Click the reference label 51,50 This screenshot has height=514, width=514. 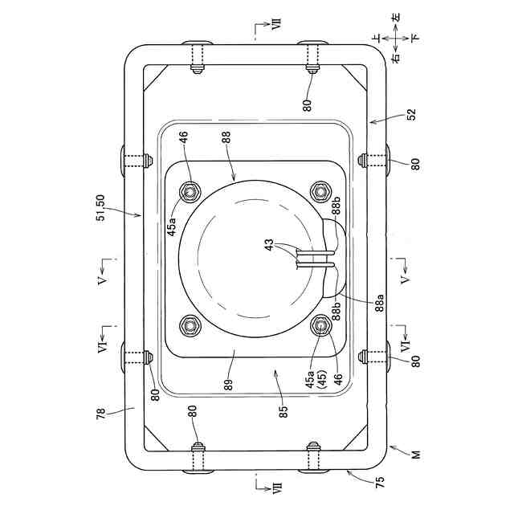[101, 208]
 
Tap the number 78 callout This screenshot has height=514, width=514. [101, 414]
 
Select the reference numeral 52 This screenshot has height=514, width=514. [411, 114]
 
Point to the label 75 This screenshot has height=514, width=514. [380, 482]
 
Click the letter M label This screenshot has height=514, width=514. [416, 455]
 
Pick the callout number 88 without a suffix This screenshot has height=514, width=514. [226, 137]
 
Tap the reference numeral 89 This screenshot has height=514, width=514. [228, 385]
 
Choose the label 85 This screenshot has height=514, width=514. [283, 411]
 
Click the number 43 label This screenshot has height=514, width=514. [269, 245]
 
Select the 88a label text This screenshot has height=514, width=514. [380, 303]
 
